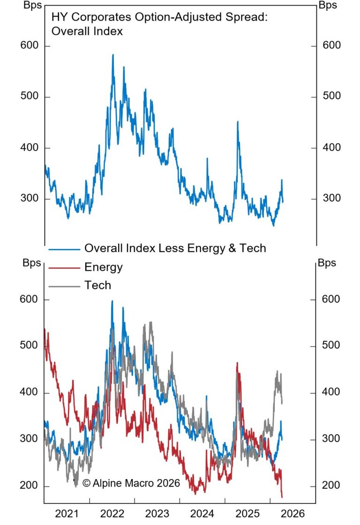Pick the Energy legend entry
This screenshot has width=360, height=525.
click(103, 267)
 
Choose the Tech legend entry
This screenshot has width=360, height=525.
click(97, 285)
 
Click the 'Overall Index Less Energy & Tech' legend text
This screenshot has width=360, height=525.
click(175, 248)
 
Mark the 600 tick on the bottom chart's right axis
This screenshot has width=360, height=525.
click(331, 299)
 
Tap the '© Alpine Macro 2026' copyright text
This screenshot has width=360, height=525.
click(131, 483)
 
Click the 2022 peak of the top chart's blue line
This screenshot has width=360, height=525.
click(113, 55)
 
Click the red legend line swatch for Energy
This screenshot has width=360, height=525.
click(64, 268)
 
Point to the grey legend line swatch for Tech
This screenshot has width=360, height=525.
click(64, 285)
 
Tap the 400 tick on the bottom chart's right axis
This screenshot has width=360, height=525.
click(331, 393)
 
